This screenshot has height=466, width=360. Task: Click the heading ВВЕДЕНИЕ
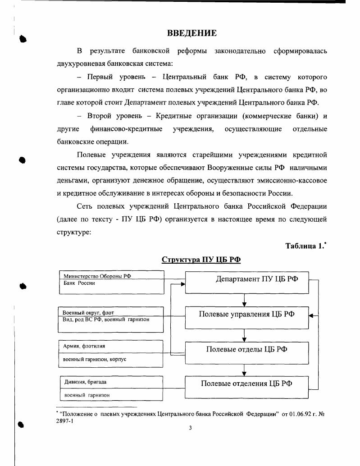(192, 33)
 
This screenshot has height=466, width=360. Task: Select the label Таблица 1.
(304, 246)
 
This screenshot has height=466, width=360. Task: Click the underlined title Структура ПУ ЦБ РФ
(201, 260)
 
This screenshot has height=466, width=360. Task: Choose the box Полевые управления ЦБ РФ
(247, 314)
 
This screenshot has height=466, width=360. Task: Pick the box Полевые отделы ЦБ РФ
(247, 349)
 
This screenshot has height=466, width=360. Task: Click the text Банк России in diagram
(79, 283)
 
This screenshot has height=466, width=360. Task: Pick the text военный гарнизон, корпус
(95, 360)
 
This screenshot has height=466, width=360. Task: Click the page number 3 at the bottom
(190, 428)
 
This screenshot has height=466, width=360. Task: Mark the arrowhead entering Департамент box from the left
(182, 284)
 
